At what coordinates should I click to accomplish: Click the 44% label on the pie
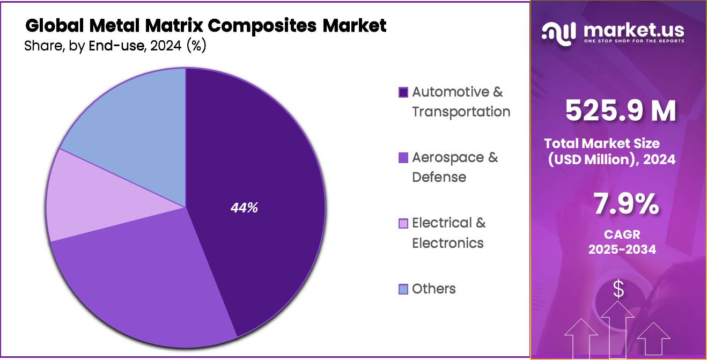click(244, 208)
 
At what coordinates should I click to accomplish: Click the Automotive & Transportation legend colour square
click(403, 92)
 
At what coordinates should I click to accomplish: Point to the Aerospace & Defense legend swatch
click(403, 158)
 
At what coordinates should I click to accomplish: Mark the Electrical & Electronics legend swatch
click(403, 224)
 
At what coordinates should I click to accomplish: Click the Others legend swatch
click(403, 290)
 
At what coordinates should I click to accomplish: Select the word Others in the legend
click(434, 289)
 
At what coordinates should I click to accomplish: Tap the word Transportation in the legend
click(461, 112)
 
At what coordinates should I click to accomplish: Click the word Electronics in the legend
click(447, 243)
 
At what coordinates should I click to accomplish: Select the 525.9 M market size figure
click(620, 111)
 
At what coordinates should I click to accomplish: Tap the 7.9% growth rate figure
click(625, 204)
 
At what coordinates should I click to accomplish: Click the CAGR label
click(622, 235)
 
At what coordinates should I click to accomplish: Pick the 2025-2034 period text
click(622, 249)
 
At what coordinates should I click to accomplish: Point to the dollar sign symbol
click(618, 289)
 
